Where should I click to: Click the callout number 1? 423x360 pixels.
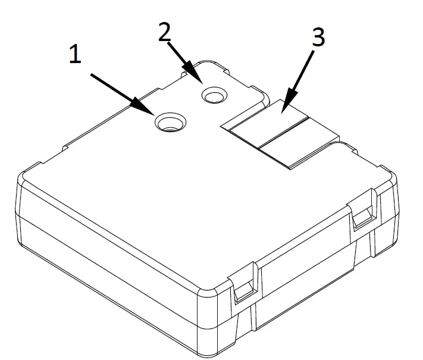(74, 55)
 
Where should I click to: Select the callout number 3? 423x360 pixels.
(318, 37)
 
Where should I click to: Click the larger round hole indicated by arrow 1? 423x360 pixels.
(170, 123)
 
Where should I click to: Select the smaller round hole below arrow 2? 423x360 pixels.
(214, 94)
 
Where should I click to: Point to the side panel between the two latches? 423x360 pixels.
(303, 262)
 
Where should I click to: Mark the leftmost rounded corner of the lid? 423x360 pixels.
(24, 179)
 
